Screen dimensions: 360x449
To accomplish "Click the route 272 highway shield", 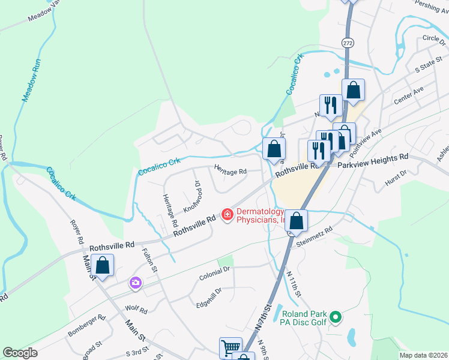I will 348,43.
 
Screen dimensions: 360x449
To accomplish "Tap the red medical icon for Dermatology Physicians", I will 227,214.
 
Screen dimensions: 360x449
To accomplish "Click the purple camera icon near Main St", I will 136,282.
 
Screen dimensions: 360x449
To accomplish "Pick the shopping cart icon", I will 231,347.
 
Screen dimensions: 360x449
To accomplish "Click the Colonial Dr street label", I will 214,273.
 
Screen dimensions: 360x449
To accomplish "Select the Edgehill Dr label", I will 209,298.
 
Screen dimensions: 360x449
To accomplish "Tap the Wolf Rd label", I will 136,310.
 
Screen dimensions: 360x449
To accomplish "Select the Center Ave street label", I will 408,95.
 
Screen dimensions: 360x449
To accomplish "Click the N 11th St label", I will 294,285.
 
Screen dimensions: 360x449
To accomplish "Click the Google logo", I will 20,353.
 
